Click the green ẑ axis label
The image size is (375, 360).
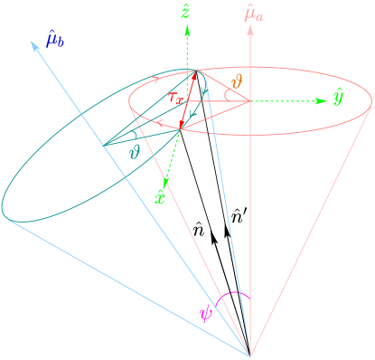pyautogui.click(x=185, y=12)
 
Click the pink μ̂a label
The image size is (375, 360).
pyautogui.click(x=254, y=13)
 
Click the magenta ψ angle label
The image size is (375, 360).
pyautogui.click(x=205, y=313)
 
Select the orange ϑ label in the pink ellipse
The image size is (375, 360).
pyautogui.click(x=238, y=82)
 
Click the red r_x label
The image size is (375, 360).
pyautogui.click(x=177, y=96)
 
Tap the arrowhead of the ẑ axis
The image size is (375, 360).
pyautogui.click(x=187, y=27)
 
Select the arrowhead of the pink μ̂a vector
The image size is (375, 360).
pyautogui.click(x=250, y=29)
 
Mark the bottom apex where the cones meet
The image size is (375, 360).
pyautogui.click(x=250, y=355)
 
